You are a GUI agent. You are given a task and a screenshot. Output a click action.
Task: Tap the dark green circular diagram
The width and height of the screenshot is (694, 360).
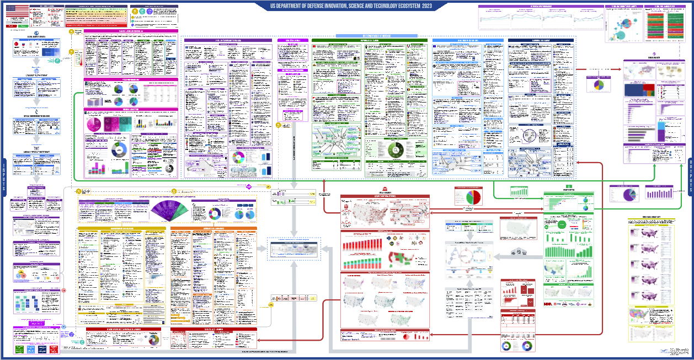point(395,150)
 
